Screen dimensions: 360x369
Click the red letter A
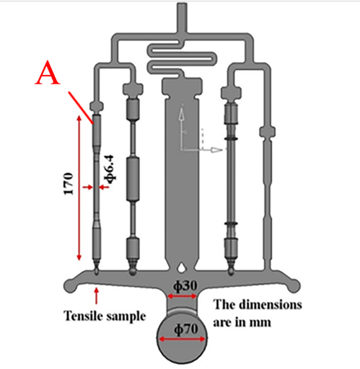[x=47, y=73]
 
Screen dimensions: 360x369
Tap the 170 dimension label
[x=69, y=184]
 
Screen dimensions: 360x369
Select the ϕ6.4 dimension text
[x=110, y=169]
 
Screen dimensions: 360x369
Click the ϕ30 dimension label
[x=185, y=286]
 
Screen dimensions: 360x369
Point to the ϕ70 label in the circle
[x=186, y=329]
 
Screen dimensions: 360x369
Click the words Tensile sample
[x=105, y=316]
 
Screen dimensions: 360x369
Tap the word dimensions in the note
[x=271, y=305]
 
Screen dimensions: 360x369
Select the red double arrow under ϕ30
[x=182, y=296]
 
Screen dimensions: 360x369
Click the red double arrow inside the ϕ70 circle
[x=183, y=339]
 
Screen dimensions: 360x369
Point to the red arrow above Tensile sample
[x=97, y=296]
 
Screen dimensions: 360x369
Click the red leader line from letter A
[x=81, y=107]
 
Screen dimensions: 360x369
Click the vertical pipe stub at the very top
[x=182, y=17]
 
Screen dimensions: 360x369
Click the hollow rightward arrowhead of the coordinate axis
[x=216, y=150]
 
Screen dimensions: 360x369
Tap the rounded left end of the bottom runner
[x=70, y=285]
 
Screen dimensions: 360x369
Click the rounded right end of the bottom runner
[x=294, y=285]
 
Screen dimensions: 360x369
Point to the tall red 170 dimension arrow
[x=79, y=188]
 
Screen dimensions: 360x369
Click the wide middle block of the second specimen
[x=133, y=179]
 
